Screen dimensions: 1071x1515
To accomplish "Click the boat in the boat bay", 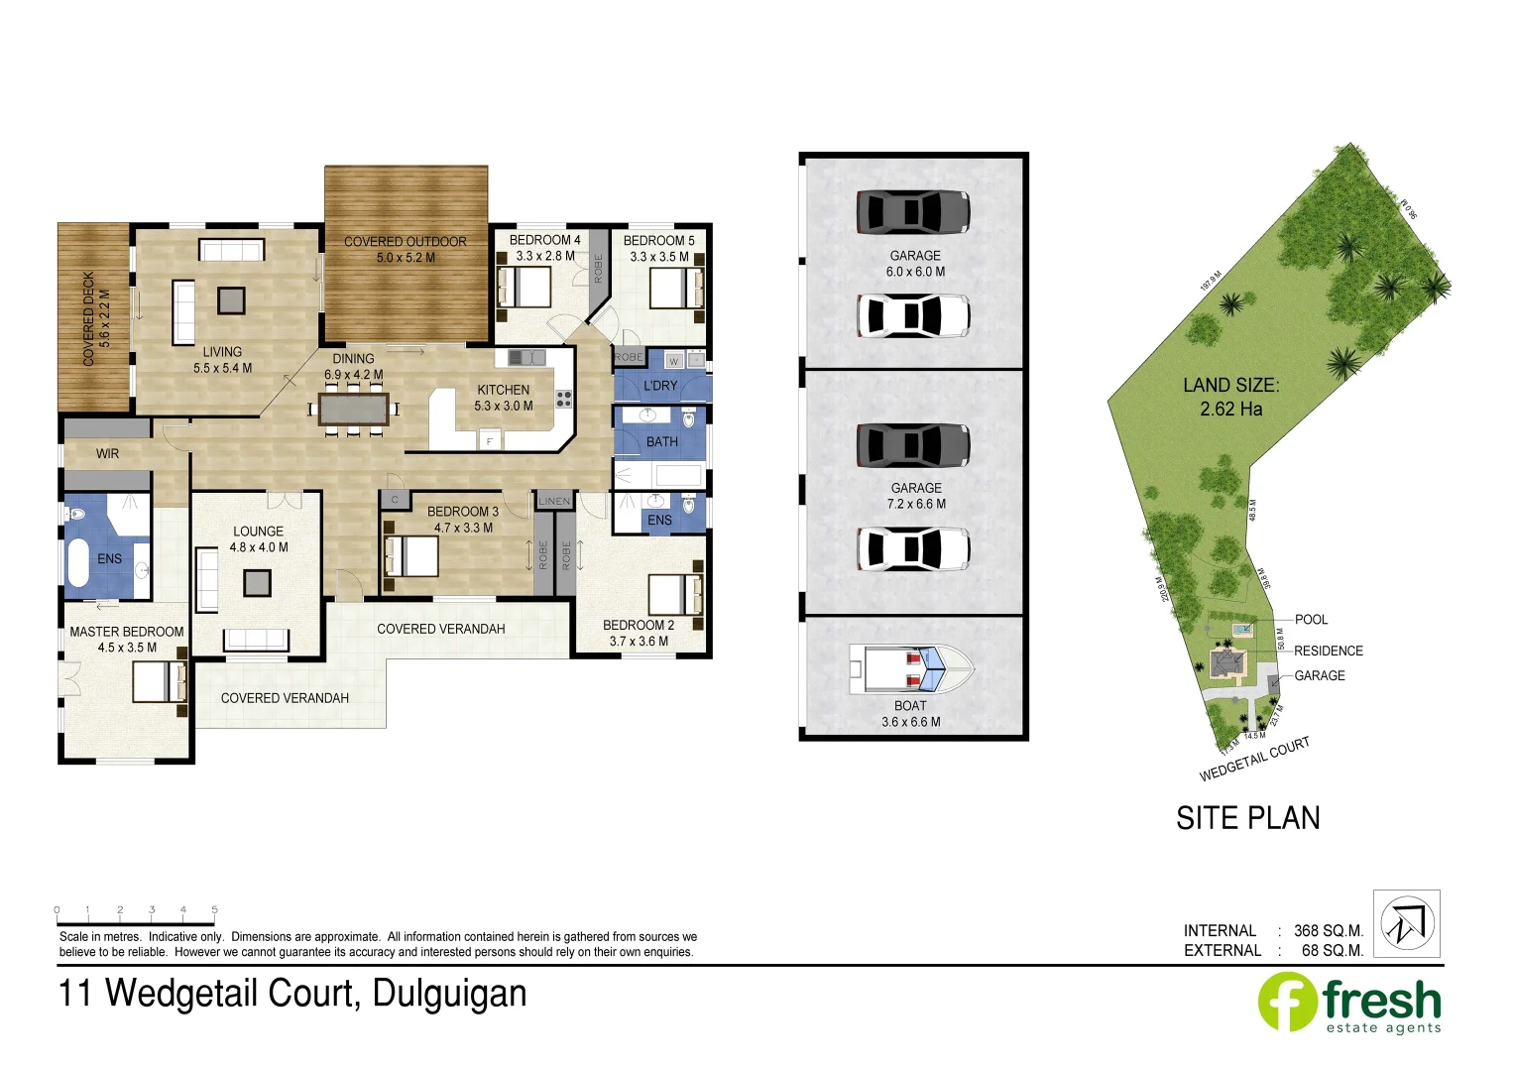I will (x=911, y=667).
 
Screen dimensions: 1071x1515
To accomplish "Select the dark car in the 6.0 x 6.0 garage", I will (x=912, y=211).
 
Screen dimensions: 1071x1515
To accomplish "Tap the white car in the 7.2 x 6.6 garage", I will (x=912, y=548).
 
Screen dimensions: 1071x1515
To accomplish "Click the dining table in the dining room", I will (x=354, y=409).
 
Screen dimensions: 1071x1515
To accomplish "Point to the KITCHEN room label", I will (x=503, y=390).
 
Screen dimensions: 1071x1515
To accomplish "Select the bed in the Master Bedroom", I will (x=160, y=682).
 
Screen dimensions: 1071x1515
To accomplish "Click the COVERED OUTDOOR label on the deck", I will (x=405, y=241).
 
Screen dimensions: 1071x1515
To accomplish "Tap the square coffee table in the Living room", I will (x=231, y=299).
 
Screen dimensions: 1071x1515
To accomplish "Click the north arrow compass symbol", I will (x=1406, y=923).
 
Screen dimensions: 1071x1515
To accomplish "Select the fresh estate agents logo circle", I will (x=1287, y=1002).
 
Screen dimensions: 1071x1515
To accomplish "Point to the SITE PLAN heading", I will (x=1247, y=818).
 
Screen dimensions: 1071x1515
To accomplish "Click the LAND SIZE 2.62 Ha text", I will (x=1230, y=397).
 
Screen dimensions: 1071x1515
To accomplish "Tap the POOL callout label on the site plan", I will (x=1311, y=620).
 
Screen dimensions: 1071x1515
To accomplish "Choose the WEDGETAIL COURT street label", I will (x=1254, y=759).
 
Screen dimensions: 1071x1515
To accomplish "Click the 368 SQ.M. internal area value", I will (x=1328, y=930).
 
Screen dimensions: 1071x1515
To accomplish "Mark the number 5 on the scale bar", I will (x=214, y=909).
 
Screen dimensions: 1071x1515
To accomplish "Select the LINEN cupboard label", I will (x=554, y=501).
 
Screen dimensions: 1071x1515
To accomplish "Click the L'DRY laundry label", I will (x=660, y=386).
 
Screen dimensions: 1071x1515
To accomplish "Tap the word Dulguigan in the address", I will (x=449, y=994).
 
